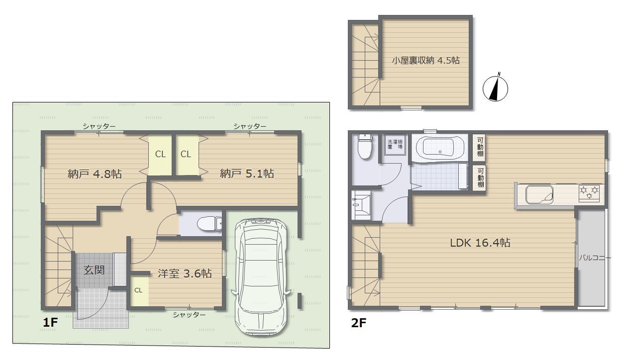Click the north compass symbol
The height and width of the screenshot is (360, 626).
tap(495, 88)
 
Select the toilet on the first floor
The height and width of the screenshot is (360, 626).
tap(209, 223)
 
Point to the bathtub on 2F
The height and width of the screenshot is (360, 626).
tap(440, 148)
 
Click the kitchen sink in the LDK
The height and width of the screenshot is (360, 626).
tap(539, 194)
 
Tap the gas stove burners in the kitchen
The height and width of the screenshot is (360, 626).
tap(589, 193)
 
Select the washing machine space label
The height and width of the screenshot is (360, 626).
tap(395, 144)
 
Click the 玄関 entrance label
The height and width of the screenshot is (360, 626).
tap(94, 270)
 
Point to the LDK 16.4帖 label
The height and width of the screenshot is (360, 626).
tap(480, 243)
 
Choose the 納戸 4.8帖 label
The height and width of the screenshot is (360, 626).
tap(95, 174)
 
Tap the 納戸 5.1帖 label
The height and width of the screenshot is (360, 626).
tap(247, 174)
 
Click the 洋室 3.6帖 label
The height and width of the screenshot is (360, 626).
tap(185, 273)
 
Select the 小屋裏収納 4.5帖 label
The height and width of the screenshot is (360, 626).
tap(425, 60)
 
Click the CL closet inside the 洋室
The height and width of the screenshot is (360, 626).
tap(138, 290)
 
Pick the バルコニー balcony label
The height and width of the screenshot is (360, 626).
tap(595, 258)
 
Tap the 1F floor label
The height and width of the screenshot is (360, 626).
tap(50, 323)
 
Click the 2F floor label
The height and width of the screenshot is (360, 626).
tap(359, 323)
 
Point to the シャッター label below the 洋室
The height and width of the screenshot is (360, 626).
tap(189, 315)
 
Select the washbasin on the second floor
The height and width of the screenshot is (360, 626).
tap(361, 205)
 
